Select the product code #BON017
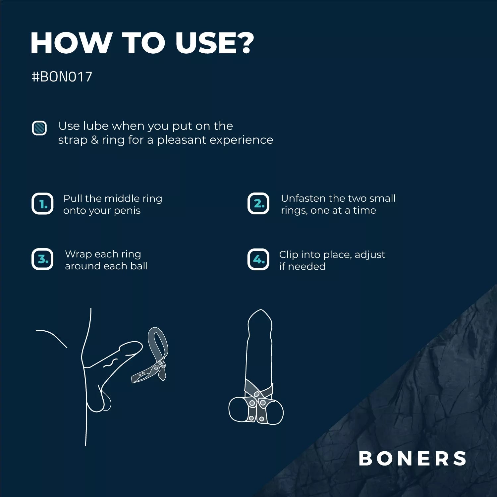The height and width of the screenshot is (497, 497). click(x=62, y=77)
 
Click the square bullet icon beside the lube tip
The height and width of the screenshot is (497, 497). click(x=39, y=128)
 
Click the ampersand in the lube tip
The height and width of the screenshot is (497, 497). click(x=94, y=140)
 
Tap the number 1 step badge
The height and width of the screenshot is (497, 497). click(x=42, y=203)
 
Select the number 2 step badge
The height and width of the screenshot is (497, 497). click(x=258, y=203)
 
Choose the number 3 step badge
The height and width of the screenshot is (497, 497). click(x=42, y=259)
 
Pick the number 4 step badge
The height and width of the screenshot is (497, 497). click(x=258, y=259)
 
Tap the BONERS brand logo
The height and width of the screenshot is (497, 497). click(x=413, y=459)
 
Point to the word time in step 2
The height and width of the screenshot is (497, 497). click(x=364, y=210)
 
